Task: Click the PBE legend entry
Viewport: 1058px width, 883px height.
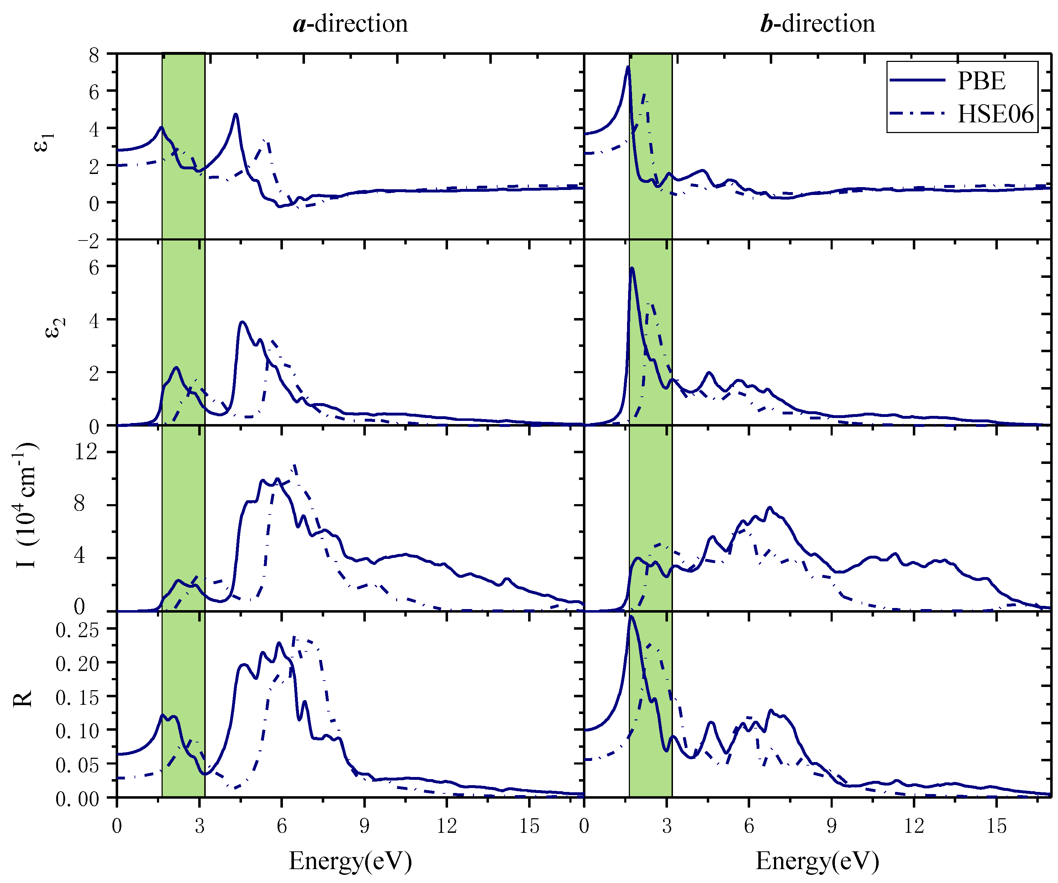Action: pyautogui.click(x=980, y=81)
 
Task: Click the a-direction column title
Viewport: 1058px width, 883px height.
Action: pyautogui.click(x=350, y=24)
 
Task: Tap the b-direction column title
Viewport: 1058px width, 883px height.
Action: pyautogui.click(x=817, y=24)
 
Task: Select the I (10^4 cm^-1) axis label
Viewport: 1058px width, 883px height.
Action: pyautogui.click(x=25, y=506)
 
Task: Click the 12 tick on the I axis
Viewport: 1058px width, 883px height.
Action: pyautogui.click(x=86, y=451)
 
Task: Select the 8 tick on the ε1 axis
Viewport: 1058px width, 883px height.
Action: pyautogui.click(x=94, y=54)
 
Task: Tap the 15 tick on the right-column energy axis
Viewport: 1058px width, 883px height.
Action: pyautogui.click(x=996, y=826)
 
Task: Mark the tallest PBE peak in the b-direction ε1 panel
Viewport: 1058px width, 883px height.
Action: pyautogui.click(x=628, y=67)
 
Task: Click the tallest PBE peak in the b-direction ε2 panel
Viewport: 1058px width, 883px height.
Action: pyautogui.click(x=632, y=269)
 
